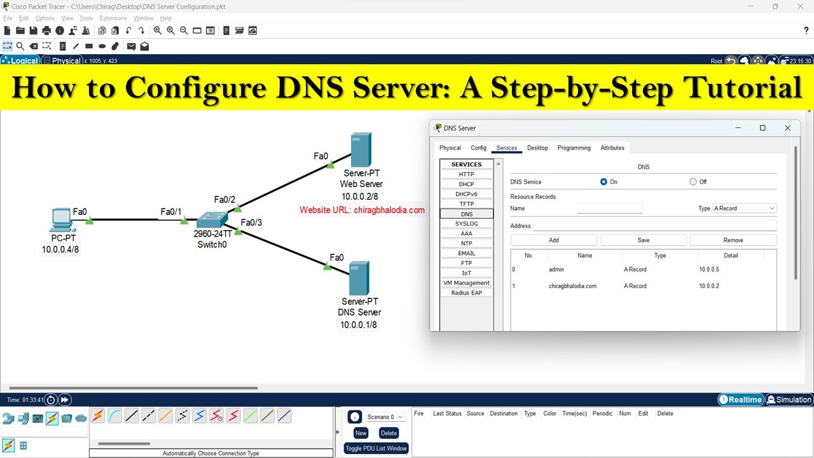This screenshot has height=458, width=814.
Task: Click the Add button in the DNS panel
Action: [x=553, y=240]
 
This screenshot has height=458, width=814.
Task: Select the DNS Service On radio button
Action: [x=604, y=182]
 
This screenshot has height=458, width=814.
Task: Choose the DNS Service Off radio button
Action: [x=693, y=182]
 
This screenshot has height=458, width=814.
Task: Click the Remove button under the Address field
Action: [x=733, y=240]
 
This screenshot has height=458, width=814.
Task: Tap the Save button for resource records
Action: [x=643, y=240]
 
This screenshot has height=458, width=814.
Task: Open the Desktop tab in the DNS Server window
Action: [x=537, y=148]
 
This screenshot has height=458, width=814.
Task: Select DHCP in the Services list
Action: [x=466, y=184]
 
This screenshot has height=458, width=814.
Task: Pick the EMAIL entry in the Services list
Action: [x=466, y=253]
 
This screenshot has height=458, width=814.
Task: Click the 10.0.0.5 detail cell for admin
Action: [x=709, y=270]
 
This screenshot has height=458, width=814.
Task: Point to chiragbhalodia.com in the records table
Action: [x=572, y=286]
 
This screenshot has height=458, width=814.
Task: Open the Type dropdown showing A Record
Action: [x=744, y=209]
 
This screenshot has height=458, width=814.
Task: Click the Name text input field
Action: [x=609, y=209]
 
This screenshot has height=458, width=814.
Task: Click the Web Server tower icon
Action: [x=361, y=149]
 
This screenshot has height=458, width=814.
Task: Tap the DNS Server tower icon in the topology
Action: [x=359, y=278]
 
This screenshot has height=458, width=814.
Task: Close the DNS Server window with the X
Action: [x=787, y=128]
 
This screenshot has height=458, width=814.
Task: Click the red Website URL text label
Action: [x=362, y=210]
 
